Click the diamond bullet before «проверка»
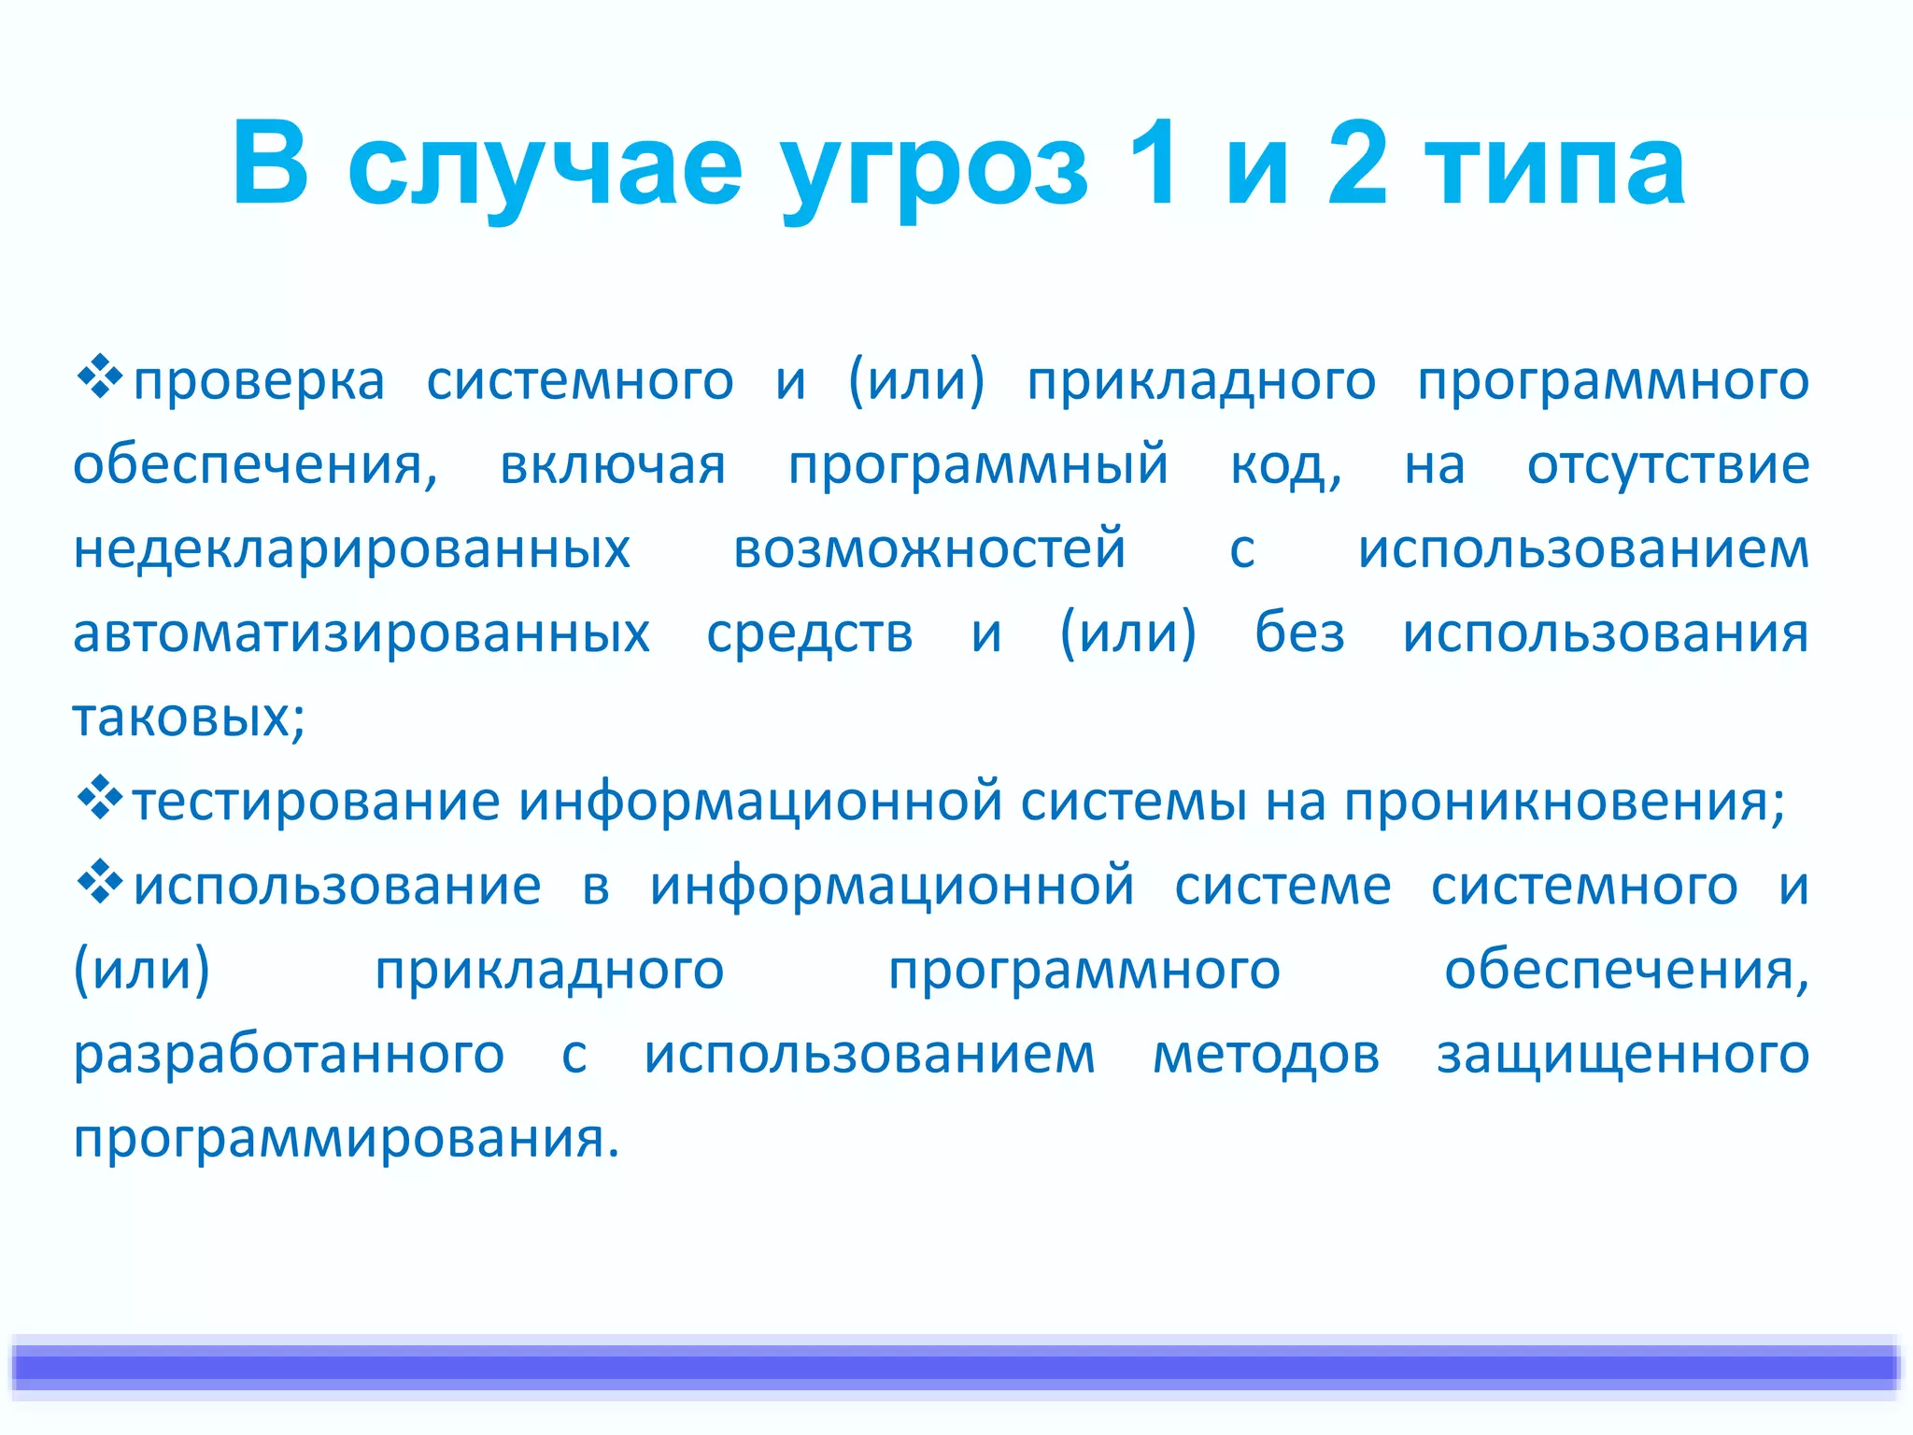coord(99,377)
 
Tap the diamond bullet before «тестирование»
coord(99,799)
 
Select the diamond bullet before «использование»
coord(99,883)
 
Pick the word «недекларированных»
coord(352,549)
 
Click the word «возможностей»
coord(929,549)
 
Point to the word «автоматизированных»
coord(361,633)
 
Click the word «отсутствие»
coord(1668,465)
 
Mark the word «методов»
coord(1266,1055)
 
